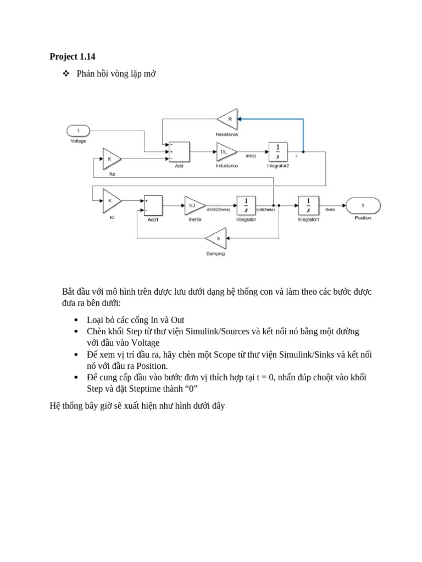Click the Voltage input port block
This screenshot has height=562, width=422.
click(79, 131)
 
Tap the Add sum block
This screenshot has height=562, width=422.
click(179, 152)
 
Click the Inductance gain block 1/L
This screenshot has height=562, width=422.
click(225, 151)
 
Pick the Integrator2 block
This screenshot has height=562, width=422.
click(277, 151)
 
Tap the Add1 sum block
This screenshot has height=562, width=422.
click(153, 205)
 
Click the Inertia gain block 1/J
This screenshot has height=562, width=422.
click(193, 205)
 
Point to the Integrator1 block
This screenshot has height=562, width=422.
click(308, 205)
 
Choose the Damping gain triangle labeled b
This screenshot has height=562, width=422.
click(217, 239)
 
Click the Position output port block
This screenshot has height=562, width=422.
click(363, 205)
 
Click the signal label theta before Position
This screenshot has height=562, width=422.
click(330, 210)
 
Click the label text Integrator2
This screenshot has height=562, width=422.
click(277, 166)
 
